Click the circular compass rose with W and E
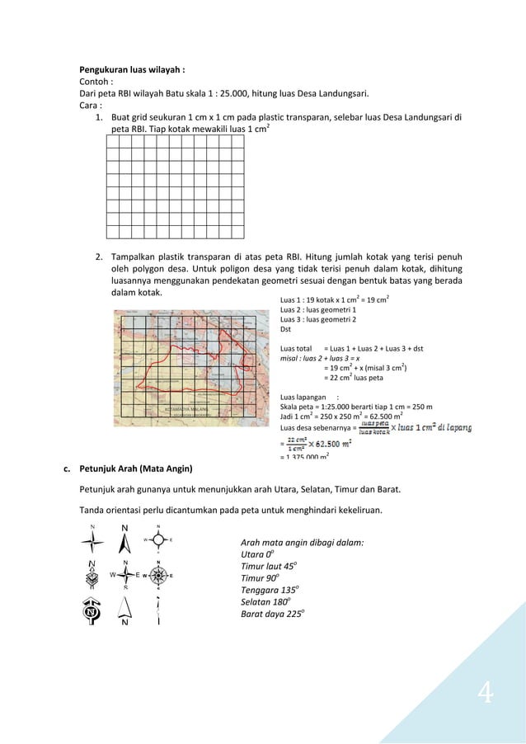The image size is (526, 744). click(x=159, y=576)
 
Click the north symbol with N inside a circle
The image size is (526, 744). click(x=92, y=612)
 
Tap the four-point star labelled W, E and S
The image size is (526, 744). click(x=125, y=575)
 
